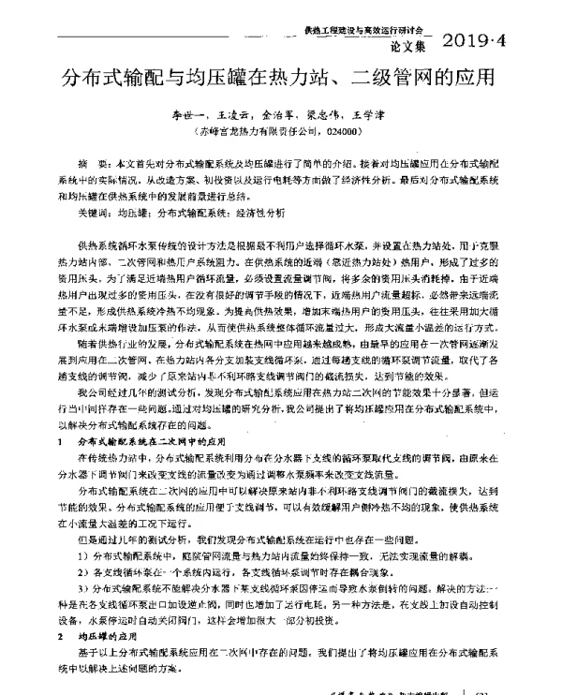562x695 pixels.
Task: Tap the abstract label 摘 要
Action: [92, 162]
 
